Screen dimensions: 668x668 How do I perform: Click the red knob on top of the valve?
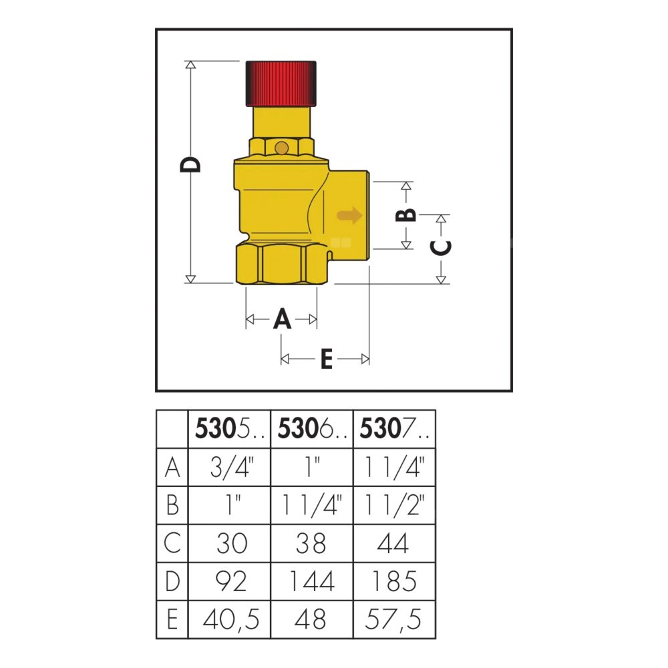point(281,83)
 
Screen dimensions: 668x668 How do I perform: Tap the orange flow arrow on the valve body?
point(349,215)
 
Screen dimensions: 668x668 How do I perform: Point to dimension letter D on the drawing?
point(190,165)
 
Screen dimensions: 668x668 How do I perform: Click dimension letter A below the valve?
point(282,319)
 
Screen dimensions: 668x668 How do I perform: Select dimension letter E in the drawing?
point(327,359)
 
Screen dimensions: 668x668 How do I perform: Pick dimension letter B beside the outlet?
point(406,214)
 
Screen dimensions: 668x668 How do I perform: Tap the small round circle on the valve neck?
point(281,148)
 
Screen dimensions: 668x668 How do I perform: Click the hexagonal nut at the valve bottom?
point(282,263)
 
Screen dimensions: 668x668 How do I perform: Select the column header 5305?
point(229,429)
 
